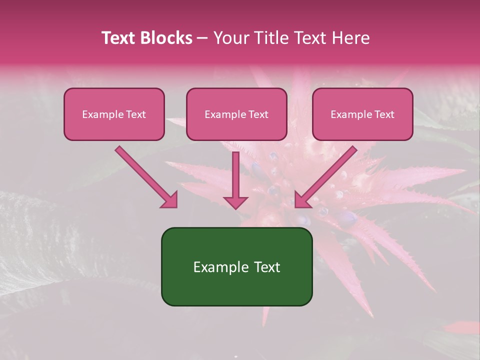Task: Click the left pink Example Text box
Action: pyautogui.click(x=114, y=114)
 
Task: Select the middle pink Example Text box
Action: pyautogui.click(x=236, y=114)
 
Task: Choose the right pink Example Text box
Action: pyautogui.click(x=362, y=114)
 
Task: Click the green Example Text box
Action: pyautogui.click(x=236, y=266)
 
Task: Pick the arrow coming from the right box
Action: pyautogui.click(x=327, y=175)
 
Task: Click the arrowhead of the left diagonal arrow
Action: pyautogui.click(x=170, y=200)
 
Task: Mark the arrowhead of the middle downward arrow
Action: pyautogui.click(x=235, y=202)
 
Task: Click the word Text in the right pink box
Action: pyautogui.click(x=384, y=114)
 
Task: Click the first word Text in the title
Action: pyautogui.click(x=120, y=38)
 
